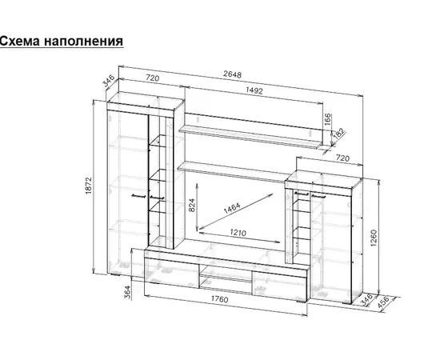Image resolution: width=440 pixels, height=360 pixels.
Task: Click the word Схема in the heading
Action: (20, 41)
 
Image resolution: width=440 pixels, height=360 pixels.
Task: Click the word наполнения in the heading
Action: (84, 42)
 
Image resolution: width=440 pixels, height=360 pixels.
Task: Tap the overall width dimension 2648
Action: (232, 74)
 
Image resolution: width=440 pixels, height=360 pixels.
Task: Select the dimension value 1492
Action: (254, 90)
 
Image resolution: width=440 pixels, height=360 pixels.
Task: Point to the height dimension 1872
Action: (88, 186)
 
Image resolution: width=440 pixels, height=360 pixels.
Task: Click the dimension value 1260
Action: (374, 238)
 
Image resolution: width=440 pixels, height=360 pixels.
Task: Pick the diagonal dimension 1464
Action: (232, 208)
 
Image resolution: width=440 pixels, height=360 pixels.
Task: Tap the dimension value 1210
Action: (238, 233)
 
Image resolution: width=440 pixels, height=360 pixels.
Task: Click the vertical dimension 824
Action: (192, 205)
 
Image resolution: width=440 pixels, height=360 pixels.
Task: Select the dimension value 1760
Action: (220, 299)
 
